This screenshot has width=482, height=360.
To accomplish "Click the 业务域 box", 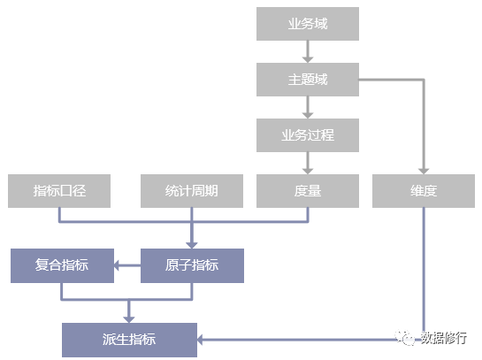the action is coord(308,24).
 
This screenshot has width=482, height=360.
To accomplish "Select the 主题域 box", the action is coord(308,80).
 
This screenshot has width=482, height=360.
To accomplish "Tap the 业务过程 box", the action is coord(308,135).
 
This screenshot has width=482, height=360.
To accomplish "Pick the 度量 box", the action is coord(308,191).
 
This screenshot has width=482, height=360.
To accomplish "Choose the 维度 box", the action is coord(424,191).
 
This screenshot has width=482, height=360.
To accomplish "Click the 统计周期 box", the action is coord(192,191).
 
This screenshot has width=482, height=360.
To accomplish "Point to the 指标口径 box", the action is coord(59,191).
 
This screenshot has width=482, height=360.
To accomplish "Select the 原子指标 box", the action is coord(193,265).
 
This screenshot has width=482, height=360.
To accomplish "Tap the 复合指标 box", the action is coord(63,265).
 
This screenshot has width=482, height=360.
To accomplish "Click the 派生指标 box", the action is coord(129,340).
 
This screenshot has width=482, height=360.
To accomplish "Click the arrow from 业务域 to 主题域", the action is coord(308,51).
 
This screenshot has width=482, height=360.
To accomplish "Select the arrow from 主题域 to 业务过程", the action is coord(308,107).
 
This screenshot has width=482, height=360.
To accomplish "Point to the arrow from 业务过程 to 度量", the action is coord(308,163).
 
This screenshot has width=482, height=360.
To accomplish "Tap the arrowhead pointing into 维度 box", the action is coord(424,172).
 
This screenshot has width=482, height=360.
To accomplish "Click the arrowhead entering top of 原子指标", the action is coord(192,245).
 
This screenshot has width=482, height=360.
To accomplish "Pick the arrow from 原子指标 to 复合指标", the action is coord(127,265).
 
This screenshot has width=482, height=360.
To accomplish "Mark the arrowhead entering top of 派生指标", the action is coord(129,319).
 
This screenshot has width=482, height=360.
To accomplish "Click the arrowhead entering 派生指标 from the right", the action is coord(200,340).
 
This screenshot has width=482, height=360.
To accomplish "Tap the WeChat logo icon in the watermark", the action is coord(404,338).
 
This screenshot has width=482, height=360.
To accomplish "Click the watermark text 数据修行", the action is coord(444,338).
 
